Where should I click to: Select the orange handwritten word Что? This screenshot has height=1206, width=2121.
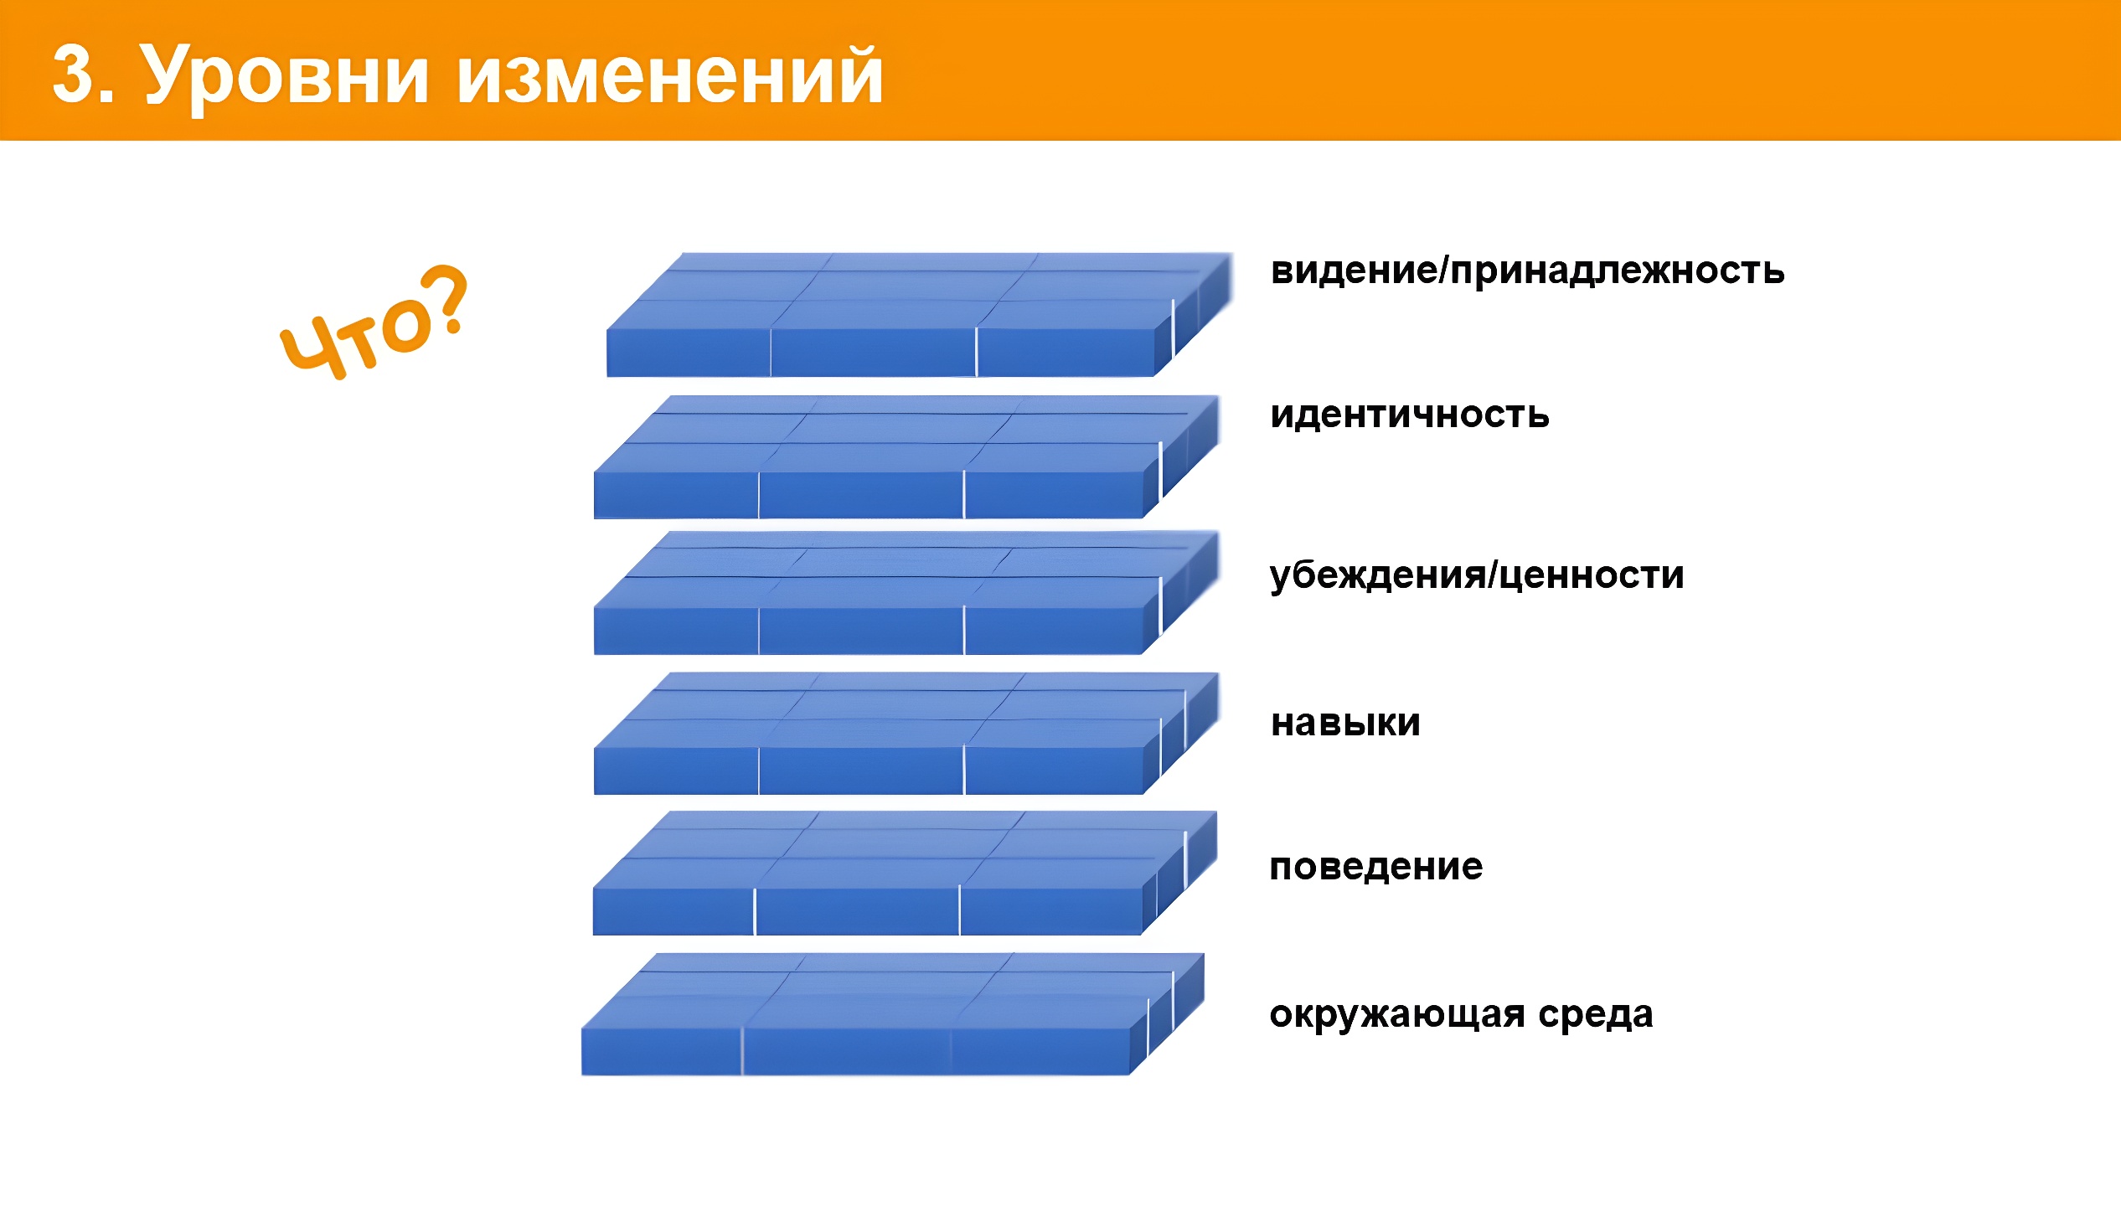[x=373, y=322]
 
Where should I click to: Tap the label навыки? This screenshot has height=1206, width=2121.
[x=1345, y=723]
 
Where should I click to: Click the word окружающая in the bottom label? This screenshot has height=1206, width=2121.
[x=1397, y=1015]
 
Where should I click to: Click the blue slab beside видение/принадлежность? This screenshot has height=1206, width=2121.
[x=919, y=315]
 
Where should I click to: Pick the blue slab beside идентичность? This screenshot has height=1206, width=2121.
[x=906, y=457]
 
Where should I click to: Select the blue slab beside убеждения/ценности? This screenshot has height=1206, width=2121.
[x=906, y=593]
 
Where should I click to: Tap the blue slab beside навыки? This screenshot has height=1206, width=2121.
[x=906, y=734]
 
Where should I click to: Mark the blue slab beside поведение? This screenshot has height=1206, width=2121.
[x=905, y=874]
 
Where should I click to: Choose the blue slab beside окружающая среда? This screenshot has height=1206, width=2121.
[x=893, y=1014]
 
